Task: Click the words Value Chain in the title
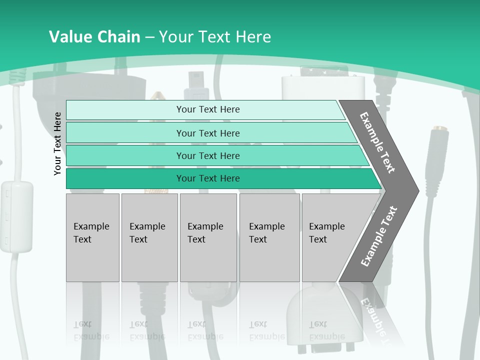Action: point(94,37)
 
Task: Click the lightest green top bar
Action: point(207,109)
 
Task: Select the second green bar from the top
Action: point(207,133)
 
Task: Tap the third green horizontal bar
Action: point(207,155)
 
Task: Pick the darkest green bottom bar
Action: point(207,178)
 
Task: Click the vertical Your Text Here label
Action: point(57,143)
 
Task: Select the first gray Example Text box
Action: point(92,237)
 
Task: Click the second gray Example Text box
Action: point(149,237)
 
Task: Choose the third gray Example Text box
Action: point(207,237)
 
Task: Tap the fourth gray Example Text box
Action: point(269,237)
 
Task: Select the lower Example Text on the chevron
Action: point(378,236)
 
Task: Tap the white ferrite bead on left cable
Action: point(16,216)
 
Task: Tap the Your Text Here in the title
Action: point(215,37)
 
